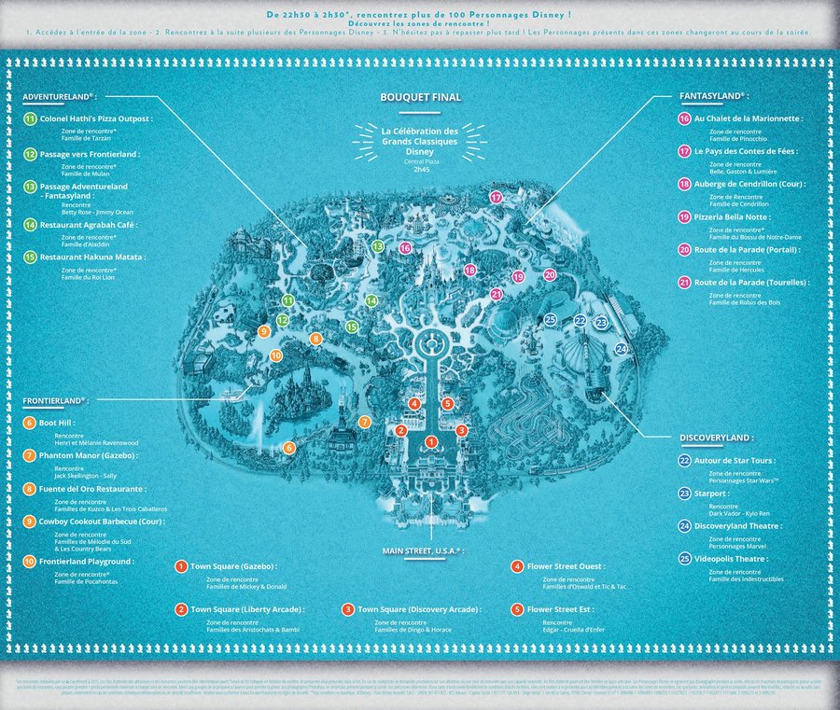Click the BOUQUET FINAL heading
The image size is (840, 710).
pyautogui.click(x=420, y=97)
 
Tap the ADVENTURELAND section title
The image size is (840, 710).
pyautogui.click(x=58, y=96)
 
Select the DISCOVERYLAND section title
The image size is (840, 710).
pyautogui.click(x=714, y=437)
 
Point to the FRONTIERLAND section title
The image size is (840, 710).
pyautogui.click(x=53, y=400)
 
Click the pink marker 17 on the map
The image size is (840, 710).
pyautogui.click(x=496, y=198)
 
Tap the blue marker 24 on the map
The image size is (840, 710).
pyautogui.click(x=622, y=349)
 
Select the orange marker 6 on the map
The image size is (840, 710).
pyautogui.click(x=289, y=448)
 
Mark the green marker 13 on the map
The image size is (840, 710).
pyautogui.click(x=378, y=246)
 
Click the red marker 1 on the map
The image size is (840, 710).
pyautogui.click(x=431, y=441)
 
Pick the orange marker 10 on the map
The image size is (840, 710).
pyautogui.click(x=275, y=355)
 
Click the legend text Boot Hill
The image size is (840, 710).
pyautogui.click(x=60, y=423)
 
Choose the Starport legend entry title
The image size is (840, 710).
pyautogui.click(x=714, y=494)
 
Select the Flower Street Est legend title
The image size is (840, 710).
pyautogui.click(x=560, y=608)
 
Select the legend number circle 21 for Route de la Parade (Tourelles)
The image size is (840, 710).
pyautogui.click(x=684, y=283)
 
